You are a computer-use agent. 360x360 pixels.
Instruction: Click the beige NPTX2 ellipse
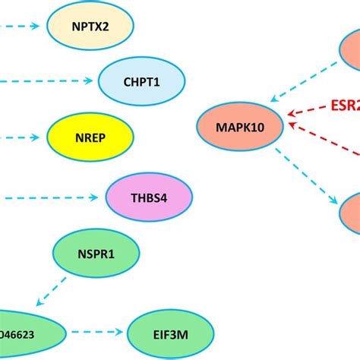pos(90,26)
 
